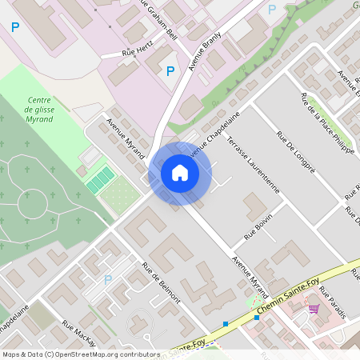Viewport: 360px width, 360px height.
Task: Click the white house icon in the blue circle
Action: pyautogui.click(x=180, y=173)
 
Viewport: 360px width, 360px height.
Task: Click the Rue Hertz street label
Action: pyautogui.click(x=137, y=52)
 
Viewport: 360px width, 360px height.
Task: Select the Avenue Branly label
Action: pyautogui.click(x=204, y=54)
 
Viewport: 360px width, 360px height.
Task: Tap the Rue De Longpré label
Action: pyautogui.click(x=295, y=151)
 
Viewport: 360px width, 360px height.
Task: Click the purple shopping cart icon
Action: pyautogui.click(x=314, y=308)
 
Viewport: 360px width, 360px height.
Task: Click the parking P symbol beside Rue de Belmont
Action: pyautogui.click(x=108, y=279)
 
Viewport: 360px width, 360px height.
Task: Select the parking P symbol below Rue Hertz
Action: pyautogui.click(x=170, y=71)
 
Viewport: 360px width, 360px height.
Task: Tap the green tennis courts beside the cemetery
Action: pyautogui.click(x=100, y=178)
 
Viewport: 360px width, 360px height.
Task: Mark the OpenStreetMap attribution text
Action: pyautogui.click(x=80, y=354)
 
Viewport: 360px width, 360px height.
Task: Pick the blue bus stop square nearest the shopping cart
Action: pyautogui.click(x=257, y=318)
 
